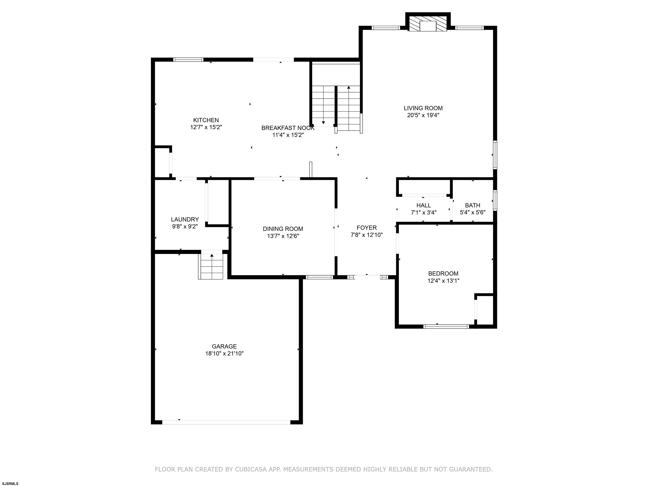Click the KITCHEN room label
[206, 120]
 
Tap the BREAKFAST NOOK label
[288, 128]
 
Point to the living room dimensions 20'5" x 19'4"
[423, 115]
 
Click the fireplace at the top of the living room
[428, 23]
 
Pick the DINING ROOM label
[283, 229]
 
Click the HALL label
[424, 206]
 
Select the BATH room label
[472, 206]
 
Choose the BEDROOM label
[443, 274]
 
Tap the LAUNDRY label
[185, 219]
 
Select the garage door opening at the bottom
[226, 422]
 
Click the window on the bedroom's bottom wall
[446, 326]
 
